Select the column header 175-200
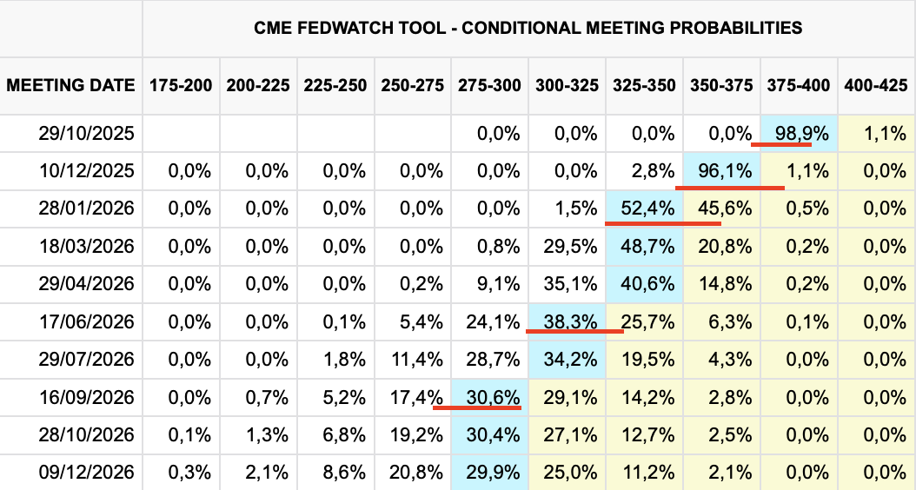tap(181, 86)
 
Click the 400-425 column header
tap(876, 86)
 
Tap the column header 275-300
tap(489, 86)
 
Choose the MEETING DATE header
tap(70, 86)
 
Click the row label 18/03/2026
tap(86, 247)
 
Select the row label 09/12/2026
tap(86, 473)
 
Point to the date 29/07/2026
tap(86, 359)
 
